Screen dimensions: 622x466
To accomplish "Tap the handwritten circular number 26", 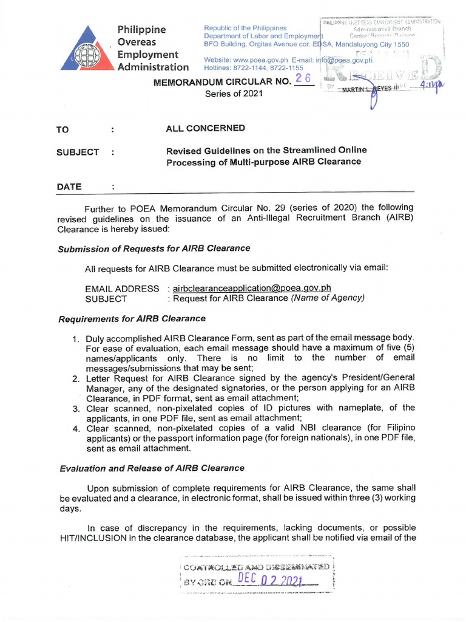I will click(303, 80).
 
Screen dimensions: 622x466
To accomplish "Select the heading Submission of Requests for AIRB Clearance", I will click(154, 248).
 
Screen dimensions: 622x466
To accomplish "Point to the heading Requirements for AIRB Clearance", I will click(132, 318).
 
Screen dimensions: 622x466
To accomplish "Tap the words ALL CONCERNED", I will click(205, 128).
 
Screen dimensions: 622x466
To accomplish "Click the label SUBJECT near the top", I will click(78, 152).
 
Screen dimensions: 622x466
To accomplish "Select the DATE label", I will click(69, 186).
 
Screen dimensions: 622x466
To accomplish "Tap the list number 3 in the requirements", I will click(76, 408).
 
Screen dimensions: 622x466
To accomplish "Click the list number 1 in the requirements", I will click(76, 338).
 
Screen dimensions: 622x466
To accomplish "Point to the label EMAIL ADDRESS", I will click(122, 288).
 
